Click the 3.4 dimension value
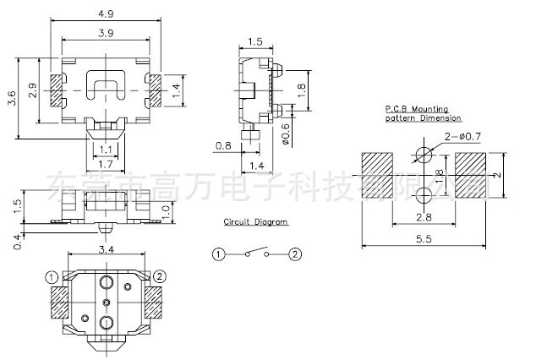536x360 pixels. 106,249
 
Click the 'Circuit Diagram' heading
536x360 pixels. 255,221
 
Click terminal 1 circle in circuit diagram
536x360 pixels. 218,254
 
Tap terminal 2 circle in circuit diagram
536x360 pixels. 295,254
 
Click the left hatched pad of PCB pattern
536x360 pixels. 376,175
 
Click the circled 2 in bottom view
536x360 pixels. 161,276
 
